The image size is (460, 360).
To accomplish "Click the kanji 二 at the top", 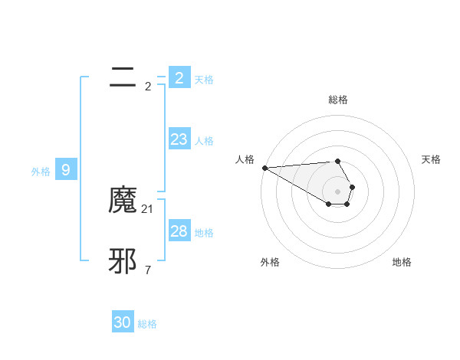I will point(123,77).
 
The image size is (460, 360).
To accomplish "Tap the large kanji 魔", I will point(123,201).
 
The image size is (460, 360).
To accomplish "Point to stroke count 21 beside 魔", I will point(148,208).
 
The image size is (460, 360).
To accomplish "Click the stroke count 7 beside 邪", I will point(148,270).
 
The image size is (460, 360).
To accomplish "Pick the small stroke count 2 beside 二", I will point(148,86).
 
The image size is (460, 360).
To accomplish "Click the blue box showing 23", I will point(179,139).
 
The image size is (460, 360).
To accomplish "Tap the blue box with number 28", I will point(179,231).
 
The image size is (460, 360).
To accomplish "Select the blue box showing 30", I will point(123,322).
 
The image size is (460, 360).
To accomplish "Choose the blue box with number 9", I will point(66,170).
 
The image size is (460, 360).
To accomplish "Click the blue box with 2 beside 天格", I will point(179,77).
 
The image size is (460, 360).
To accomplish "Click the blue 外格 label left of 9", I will point(41,172).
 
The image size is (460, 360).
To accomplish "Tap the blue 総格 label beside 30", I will point(147,324).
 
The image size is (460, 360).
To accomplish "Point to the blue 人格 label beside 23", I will point(204,141).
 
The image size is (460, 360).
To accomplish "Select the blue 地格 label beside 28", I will point(204,233).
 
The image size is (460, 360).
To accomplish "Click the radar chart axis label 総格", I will point(338,100).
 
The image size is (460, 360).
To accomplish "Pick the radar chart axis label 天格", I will point(431,159).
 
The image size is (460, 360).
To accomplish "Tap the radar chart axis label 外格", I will point(270,262).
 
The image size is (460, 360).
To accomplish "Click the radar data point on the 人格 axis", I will point(264,168).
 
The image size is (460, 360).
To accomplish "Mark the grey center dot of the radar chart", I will point(337,191).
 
